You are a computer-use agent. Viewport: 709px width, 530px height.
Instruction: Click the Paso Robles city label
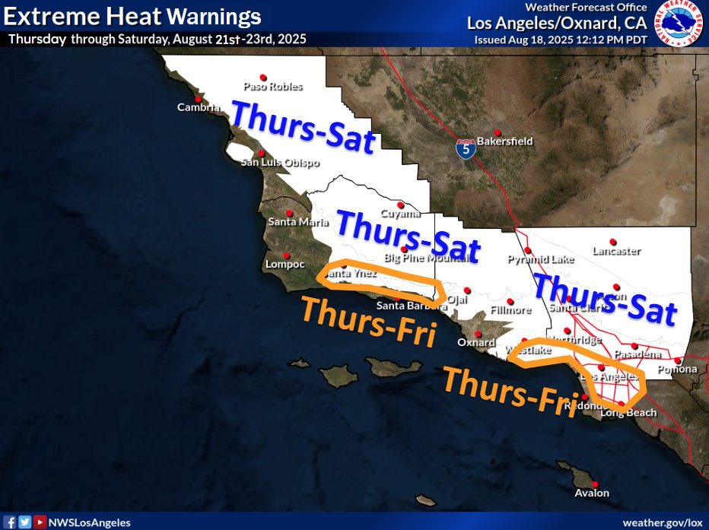pos(272,87)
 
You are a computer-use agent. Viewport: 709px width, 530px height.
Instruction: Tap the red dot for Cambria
pos(198,99)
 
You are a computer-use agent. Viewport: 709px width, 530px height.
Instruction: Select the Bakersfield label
pos(504,141)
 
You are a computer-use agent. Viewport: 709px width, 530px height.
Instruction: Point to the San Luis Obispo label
pos(280,163)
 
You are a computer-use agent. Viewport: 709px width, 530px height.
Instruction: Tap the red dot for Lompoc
pos(286,255)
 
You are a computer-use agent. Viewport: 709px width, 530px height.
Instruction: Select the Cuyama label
pos(400,214)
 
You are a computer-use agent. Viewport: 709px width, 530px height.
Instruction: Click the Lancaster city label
pos(616,251)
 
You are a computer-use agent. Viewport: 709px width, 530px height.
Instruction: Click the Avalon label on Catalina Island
pos(592,493)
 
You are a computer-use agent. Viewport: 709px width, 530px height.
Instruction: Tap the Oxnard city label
pos(476,342)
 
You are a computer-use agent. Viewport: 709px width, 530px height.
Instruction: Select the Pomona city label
pos(678,370)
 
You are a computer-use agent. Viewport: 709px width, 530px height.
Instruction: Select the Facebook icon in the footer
pos(11,522)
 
